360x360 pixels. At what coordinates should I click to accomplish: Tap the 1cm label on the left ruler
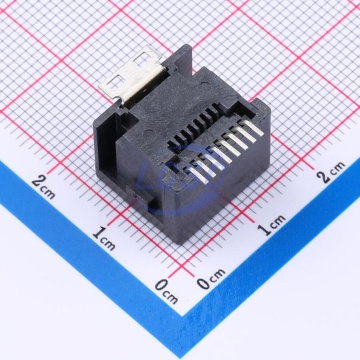[x=104, y=239]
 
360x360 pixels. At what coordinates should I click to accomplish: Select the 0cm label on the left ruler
[x=166, y=291]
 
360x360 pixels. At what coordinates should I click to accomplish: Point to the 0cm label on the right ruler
[x=211, y=278]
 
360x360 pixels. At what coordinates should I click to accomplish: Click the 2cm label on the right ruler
[x=331, y=172]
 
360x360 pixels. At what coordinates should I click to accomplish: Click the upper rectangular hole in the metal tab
[x=141, y=58]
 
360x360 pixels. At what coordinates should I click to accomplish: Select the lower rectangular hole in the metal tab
[x=115, y=81]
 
